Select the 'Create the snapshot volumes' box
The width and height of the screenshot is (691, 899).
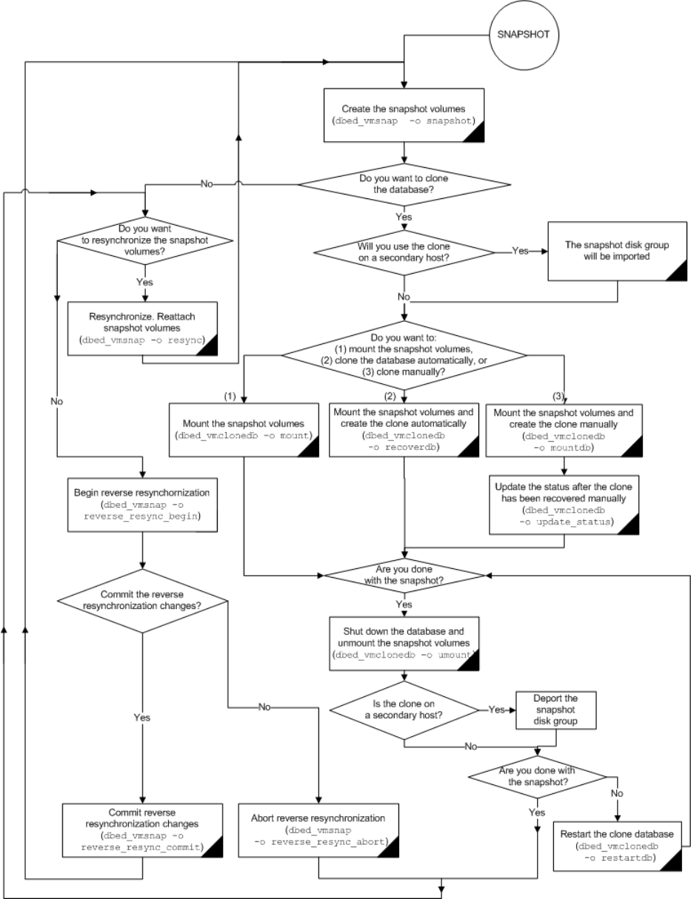pyautogui.click(x=404, y=115)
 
